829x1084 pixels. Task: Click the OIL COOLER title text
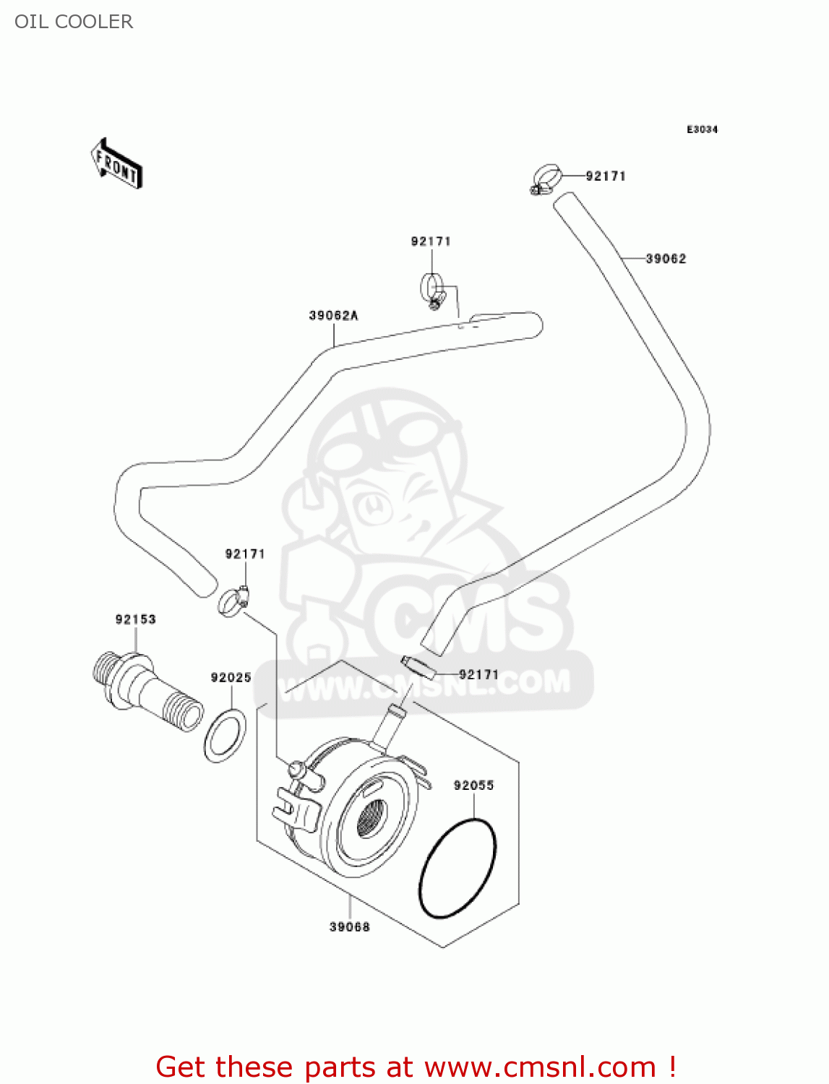tap(74, 22)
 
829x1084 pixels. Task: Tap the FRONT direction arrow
tap(116, 164)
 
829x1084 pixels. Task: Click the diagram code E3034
tap(702, 129)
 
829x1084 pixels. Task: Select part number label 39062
tap(666, 259)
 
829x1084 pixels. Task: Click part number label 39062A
tap(333, 316)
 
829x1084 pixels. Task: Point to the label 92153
tap(135, 619)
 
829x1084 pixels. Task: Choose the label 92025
tap(231, 678)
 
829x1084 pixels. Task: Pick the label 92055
tap(473, 786)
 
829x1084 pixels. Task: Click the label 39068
tap(350, 927)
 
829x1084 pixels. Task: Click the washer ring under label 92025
tap(225, 735)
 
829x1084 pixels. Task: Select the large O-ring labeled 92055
tap(458, 869)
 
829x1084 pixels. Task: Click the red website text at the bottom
tap(416, 1067)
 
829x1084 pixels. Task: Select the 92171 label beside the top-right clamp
tap(605, 176)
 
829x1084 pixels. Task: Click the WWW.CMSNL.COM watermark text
tap(426, 684)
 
